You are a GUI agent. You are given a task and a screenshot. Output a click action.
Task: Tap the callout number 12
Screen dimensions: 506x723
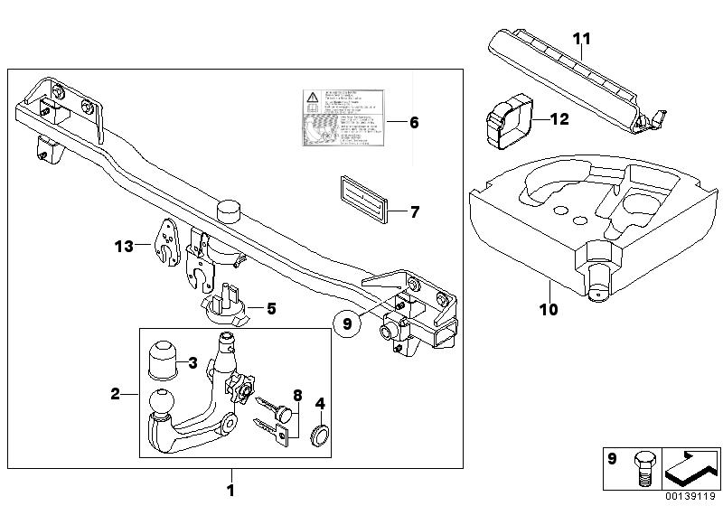point(559,118)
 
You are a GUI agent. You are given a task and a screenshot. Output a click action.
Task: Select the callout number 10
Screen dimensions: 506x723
point(549,309)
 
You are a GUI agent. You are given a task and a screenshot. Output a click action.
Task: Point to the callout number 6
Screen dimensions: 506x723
point(414,120)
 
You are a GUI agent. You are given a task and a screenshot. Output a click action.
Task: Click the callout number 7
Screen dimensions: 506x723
point(415,213)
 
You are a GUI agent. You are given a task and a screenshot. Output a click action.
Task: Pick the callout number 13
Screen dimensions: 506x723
point(124,245)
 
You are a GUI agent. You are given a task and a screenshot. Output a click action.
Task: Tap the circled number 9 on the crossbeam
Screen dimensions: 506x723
point(345,321)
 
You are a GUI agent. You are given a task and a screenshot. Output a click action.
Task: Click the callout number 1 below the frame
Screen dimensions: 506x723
point(230,490)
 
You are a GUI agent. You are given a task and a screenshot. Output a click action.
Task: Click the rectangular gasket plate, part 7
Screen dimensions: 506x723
point(362,198)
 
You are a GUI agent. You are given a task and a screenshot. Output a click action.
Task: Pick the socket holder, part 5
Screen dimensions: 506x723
point(223,307)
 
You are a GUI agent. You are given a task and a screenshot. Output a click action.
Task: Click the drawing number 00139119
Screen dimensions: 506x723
point(692,496)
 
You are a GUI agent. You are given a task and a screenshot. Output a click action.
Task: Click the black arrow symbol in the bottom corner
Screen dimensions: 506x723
point(691,469)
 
